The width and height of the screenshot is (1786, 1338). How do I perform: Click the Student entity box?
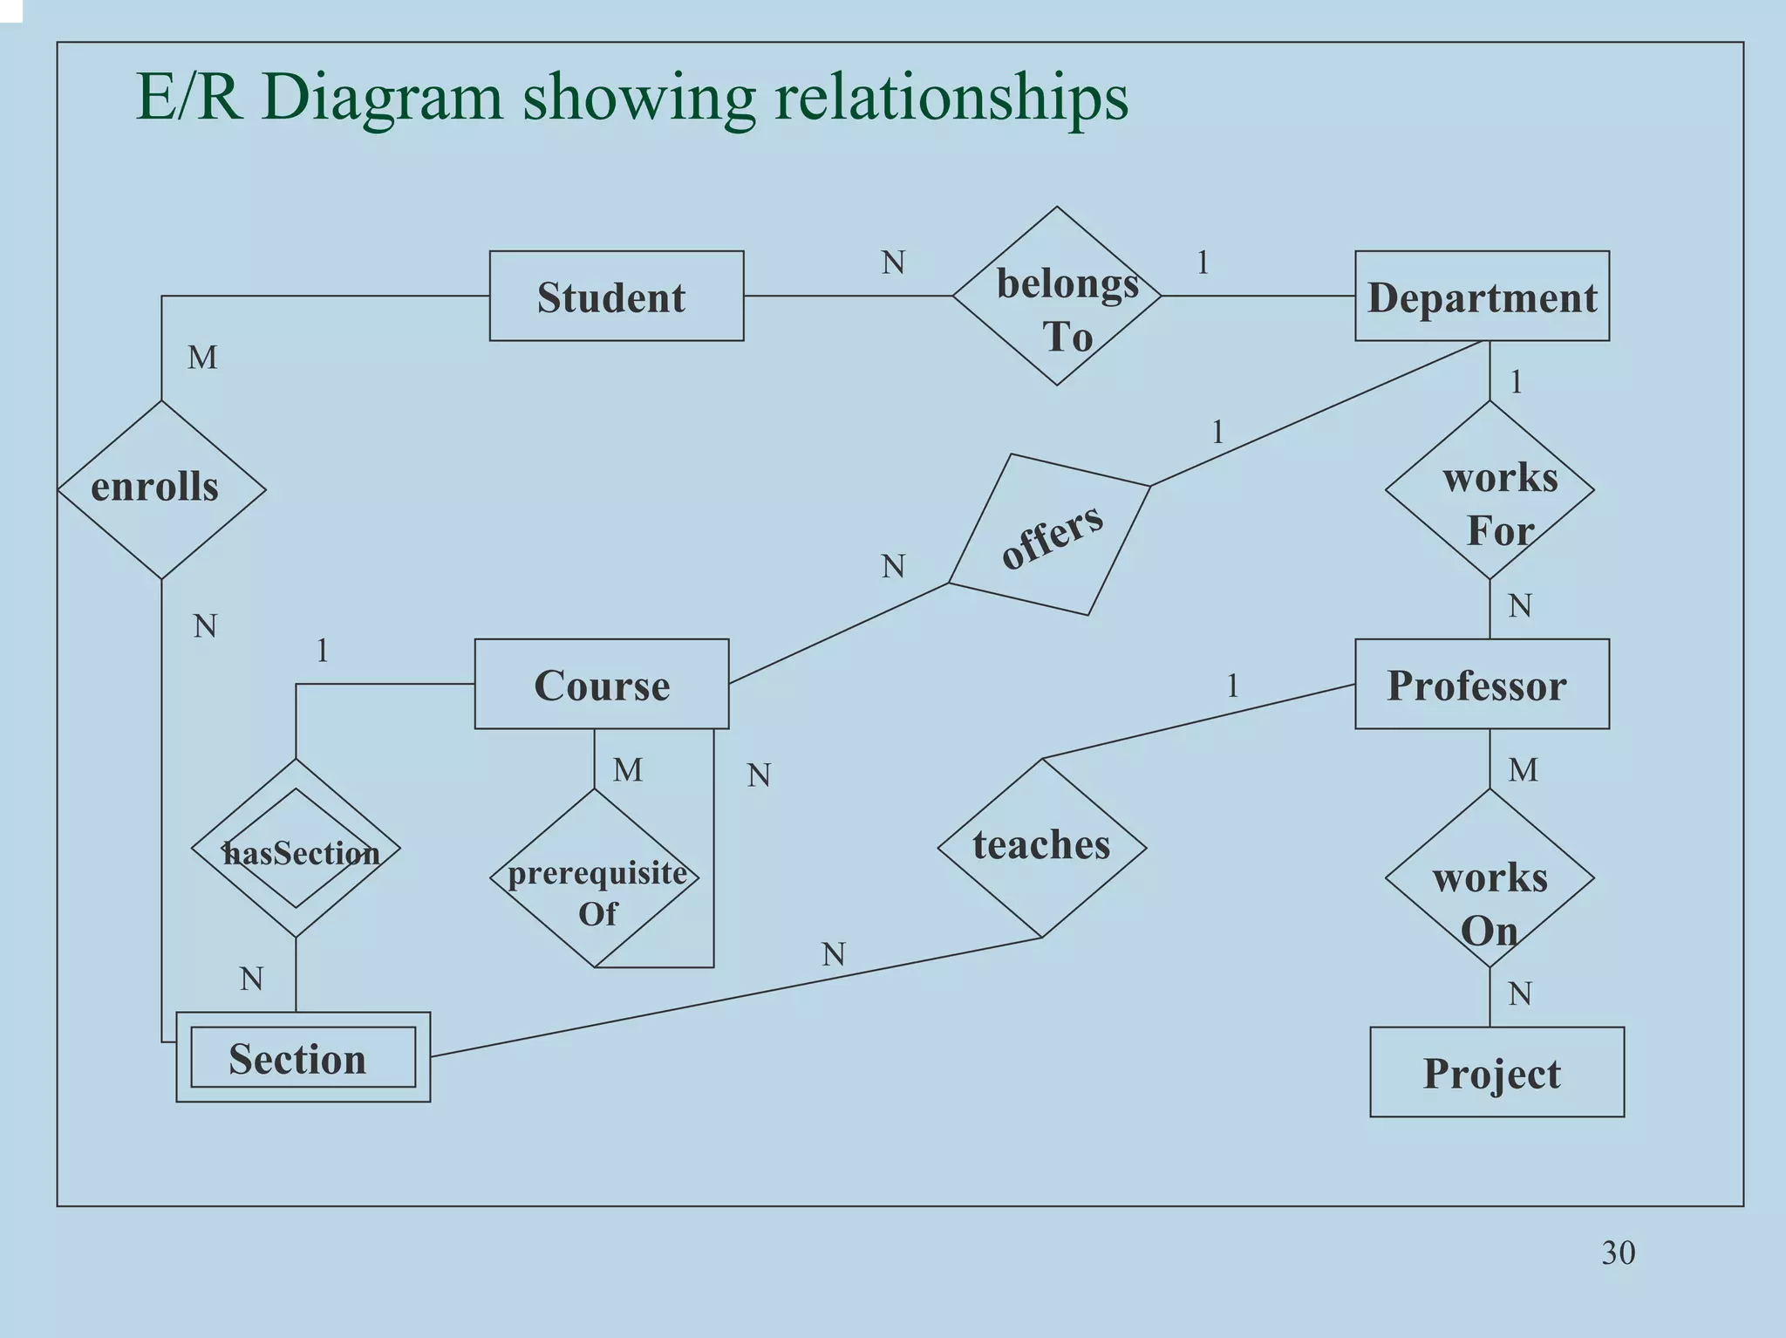point(616,297)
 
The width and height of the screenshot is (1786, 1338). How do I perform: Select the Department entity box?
point(1481,297)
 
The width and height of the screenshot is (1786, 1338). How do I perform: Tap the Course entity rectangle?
point(601,684)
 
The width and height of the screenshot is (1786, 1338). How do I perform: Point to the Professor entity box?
point(1481,684)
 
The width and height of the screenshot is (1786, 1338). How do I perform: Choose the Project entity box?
point(1496,1072)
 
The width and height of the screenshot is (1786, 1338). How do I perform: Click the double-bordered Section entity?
point(302,1057)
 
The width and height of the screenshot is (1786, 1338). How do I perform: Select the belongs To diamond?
point(1057,297)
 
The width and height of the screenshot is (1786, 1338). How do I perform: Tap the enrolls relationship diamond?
point(161,489)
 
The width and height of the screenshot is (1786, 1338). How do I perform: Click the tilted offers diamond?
point(1050,535)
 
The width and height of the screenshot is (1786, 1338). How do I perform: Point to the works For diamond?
point(1489,489)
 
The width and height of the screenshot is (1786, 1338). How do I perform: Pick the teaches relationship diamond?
point(1041,847)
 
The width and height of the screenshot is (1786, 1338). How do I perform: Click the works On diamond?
point(1489,877)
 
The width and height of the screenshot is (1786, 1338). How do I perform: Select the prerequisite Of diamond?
point(595,877)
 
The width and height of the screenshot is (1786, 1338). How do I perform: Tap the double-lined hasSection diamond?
point(296,848)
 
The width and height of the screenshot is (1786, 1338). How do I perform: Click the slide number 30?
point(1618,1253)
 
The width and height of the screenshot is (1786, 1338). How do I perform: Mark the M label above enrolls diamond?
point(202,358)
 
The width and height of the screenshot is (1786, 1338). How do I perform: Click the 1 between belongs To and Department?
point(1203,263)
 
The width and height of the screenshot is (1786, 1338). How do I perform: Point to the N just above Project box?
point(1519,993)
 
